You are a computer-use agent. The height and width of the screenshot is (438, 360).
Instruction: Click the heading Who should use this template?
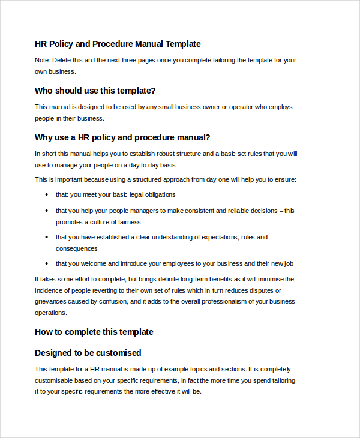95,91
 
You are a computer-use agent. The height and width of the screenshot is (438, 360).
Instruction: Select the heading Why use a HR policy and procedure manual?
122,137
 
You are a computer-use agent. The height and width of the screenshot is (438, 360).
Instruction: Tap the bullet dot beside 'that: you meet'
47,195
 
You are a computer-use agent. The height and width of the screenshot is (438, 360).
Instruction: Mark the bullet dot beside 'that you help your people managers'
47,211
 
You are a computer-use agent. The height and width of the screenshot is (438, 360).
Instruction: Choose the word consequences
77,248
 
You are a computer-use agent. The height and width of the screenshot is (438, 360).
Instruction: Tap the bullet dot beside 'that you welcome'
47,264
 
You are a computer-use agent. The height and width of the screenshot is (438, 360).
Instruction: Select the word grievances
50,302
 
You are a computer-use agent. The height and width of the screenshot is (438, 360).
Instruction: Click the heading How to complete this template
94,332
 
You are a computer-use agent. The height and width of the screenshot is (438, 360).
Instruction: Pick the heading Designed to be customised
88,353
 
